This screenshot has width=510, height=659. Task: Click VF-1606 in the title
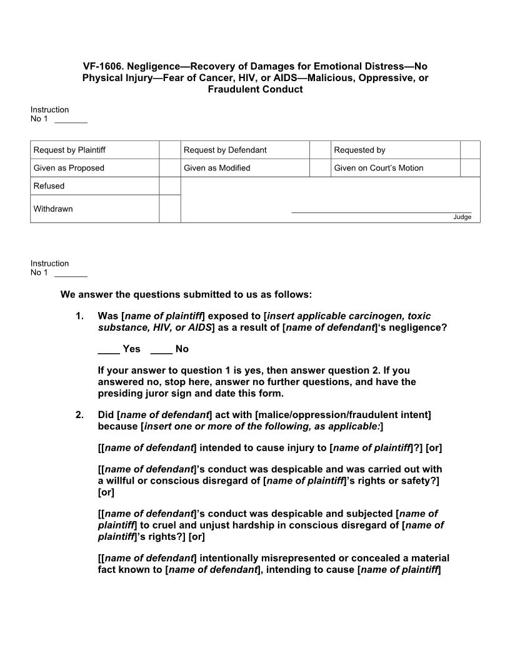click(102, 66)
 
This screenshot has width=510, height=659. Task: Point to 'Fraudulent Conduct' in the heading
click(255, 89)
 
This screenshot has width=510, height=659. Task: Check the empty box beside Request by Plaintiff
click(169, 150)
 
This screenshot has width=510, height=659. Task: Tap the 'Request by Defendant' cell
click(225, 150)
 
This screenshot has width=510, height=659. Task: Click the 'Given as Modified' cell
click(217, 168)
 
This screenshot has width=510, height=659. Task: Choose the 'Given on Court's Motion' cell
click(378, 168)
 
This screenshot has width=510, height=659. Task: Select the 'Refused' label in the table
click(49, 186)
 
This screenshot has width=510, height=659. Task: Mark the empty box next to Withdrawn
click(169, 208)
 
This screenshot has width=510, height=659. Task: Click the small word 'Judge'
click(462, 217)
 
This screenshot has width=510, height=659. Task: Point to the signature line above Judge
click(381, 212)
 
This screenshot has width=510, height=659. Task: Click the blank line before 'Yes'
click(109, 349)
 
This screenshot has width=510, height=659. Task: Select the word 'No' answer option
click(182, 349)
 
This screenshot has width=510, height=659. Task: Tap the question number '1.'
click(79, 316)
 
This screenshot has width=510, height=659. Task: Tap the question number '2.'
click(79, 414)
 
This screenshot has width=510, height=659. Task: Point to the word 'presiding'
click(119, 393)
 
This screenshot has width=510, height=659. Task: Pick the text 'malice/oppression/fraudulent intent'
click(343, 414)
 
